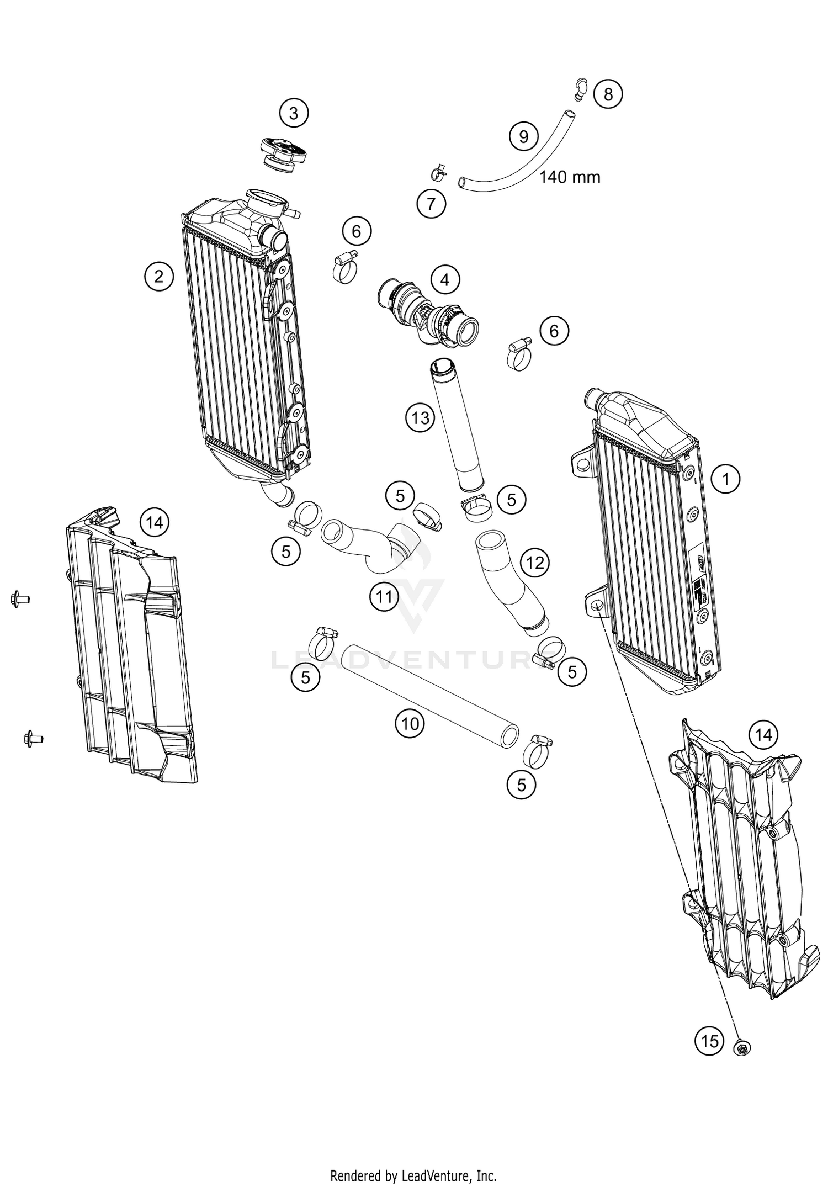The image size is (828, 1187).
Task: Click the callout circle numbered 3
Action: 294,113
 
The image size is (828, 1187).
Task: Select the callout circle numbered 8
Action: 608,94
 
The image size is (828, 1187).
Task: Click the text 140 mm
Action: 569,177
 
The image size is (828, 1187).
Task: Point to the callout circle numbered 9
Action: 523,136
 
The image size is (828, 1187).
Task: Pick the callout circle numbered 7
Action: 431,204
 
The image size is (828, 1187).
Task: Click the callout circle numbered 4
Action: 445,280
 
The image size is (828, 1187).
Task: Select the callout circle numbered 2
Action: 159,275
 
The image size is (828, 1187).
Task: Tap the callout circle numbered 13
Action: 420,418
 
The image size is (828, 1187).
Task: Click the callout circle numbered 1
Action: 726,479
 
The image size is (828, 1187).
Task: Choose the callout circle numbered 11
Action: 384,596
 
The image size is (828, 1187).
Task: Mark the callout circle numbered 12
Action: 535,563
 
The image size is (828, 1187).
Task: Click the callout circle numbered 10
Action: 410,723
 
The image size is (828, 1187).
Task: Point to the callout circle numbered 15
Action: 709,1041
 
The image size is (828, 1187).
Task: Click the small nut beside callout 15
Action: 741,1047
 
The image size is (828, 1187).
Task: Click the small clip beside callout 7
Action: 440,173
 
